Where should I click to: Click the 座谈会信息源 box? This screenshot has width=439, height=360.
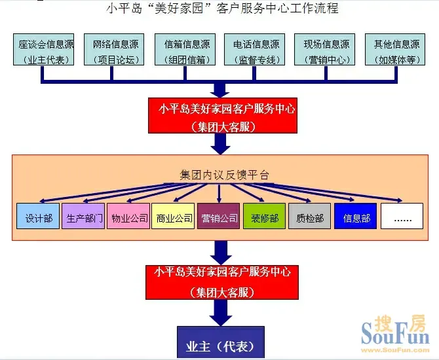[x=44, y=50]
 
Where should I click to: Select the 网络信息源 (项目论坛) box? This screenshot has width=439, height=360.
[x=114, y=50]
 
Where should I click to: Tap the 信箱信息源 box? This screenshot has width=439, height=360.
[x=185, y=50]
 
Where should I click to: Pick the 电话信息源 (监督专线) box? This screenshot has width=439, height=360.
[x=254, y=50]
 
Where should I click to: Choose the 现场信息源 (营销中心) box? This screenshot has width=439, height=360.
[x=325, y=50]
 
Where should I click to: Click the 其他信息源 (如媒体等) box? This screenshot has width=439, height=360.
[x=395, y=50]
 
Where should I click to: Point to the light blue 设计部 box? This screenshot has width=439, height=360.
[x=38, y=216]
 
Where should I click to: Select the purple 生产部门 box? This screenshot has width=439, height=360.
[x=83, y=216]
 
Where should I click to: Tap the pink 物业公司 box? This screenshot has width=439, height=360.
[x=128, y=216]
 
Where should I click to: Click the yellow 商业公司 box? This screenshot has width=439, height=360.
[x=173, y=216]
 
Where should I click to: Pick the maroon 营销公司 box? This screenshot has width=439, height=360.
[x=219, y=216]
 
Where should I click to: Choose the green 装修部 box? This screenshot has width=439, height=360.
[x=264, y=216]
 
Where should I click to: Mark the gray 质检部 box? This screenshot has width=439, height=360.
[x=310, y=216]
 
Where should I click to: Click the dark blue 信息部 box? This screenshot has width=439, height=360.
[x=356, y=216]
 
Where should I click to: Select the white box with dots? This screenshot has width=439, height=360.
[x=402, y=216]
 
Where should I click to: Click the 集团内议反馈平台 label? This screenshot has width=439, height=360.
[x=225, y=175]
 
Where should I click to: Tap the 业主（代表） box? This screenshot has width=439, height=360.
[x=221, y=342]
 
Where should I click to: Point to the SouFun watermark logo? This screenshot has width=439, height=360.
[x=395, y=334]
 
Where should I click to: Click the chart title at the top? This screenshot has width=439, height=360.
[x=223, y=8]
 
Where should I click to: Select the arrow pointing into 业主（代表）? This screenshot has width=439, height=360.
[x=221, y=313]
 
